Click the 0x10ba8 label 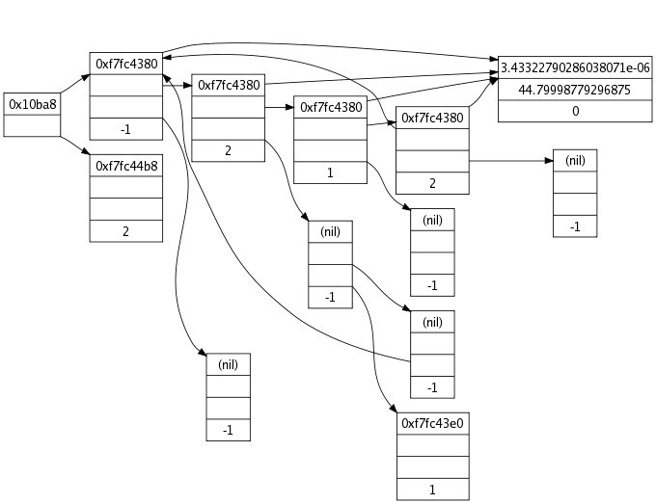tap(32, 104)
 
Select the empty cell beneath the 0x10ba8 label tap(32, 125)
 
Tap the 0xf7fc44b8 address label tap(126, 166)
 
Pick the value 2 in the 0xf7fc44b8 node tap(126, 231)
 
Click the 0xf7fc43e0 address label tap(432, 423)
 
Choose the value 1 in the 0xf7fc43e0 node tap(432, 490)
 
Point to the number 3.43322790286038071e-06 tap(575, 67)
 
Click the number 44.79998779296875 tap(574, 90)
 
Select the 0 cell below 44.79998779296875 tap(575, 111)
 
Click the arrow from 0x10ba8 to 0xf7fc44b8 tap(75, 145)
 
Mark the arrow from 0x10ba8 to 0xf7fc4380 tap(75, 83)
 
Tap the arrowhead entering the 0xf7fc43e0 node tap(393, 408)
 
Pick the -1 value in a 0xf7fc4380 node tap(126, 129)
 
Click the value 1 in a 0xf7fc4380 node tap(330, 172)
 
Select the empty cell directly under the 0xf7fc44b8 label tap(126, 187)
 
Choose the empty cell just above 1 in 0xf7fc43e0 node tap(432, 467)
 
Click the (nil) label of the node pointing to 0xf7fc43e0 tap(330, 231)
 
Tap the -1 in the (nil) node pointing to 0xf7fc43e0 tap(330, 297)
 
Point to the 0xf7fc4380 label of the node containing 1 tap(331, 107)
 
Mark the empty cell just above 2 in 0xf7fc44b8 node tap(126, 209)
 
